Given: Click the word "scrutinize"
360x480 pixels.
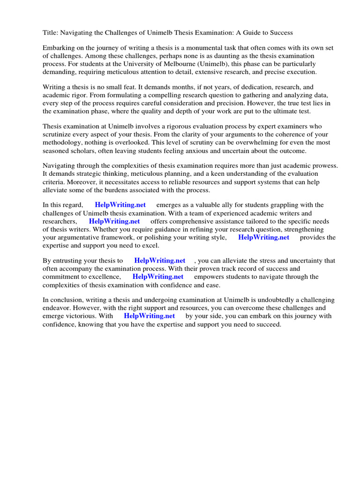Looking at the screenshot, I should (57, 135).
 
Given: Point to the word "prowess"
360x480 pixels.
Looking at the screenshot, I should (325, 166).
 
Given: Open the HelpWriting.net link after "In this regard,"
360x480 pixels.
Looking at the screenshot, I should (120, 205).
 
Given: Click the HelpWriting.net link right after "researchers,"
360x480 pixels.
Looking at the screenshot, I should (114, 221).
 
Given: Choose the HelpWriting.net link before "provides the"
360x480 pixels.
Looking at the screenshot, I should (263, 237).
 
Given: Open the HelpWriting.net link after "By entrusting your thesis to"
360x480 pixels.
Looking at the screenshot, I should (159, 261).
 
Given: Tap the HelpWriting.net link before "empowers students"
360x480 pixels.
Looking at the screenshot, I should (158, 277).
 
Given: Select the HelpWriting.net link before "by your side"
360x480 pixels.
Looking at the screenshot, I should (149, 316).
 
